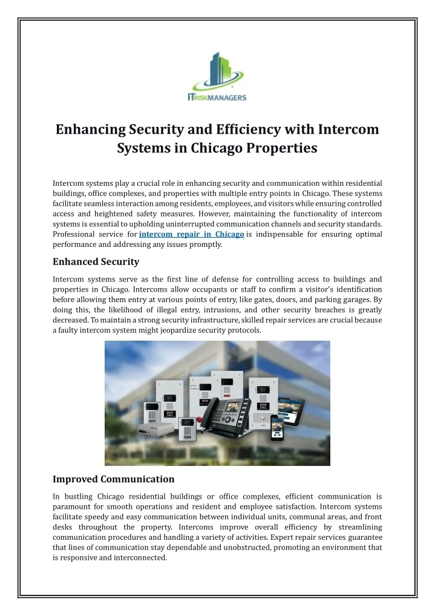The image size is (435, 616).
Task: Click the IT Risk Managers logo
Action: pos(217,76)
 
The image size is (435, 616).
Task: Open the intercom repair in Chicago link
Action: pos(192,234)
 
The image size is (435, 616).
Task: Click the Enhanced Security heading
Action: pos(96,262)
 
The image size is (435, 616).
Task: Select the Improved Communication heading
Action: pos(113,479)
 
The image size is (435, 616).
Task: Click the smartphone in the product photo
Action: pos(276,427)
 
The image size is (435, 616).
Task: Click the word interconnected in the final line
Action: pos(139,558)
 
